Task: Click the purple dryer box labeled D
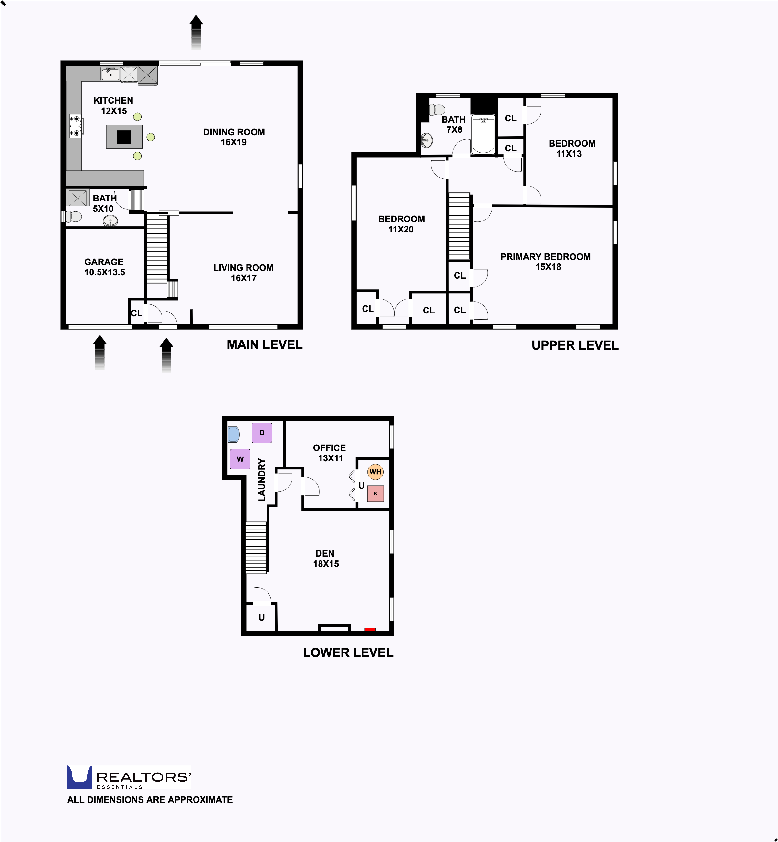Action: coord(261,433)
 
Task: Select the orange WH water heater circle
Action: coord(375,472)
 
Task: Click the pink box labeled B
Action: coord(375,494)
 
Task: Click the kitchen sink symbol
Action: coord(110,75)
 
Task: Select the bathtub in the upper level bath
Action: coord(483,135)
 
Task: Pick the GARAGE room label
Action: coord(104,262)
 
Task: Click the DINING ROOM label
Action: coord(234,132)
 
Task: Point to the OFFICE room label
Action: coord(329,448)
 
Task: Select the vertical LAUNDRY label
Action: coord(262,480)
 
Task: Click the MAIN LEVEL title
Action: coord(264,345)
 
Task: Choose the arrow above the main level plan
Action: coord(196,32)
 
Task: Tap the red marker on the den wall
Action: coord(370,629)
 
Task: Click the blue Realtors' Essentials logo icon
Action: coord(79,777)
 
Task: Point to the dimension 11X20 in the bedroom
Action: coord(400,230)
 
